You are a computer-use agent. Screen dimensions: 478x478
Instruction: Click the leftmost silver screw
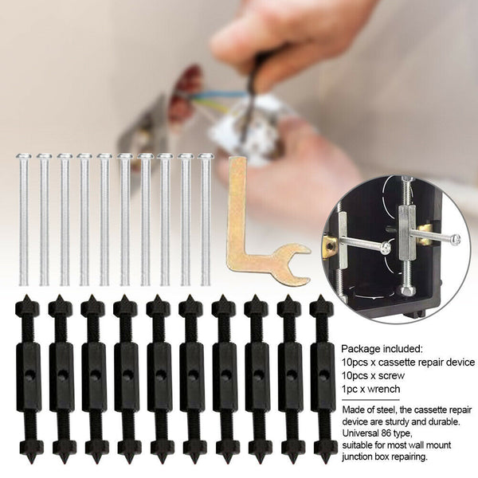point(24,219)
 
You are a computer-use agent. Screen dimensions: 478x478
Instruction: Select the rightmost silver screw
point(206,219)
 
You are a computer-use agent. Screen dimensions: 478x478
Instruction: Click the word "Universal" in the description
point(362,434)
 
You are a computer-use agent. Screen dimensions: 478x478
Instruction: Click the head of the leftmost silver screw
point(24,156)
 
